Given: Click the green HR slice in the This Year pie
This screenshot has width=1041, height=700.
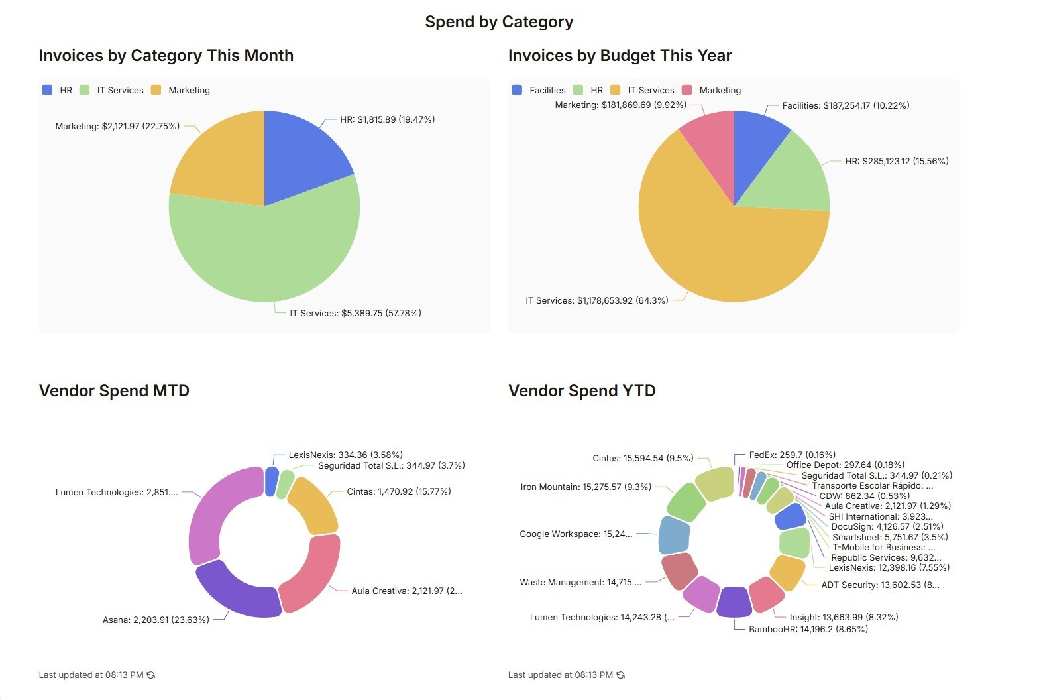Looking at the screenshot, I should [x=792, y=179].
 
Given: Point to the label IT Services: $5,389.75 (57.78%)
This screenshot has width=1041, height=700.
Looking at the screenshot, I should [x=355, y=313].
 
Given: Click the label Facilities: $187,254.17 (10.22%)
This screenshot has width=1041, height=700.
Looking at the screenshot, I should [x=846, y=105].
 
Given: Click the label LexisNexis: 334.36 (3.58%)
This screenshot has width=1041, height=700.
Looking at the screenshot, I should [x=345, y=455].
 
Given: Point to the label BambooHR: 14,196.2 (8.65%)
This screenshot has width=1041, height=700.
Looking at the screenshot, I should [x=808, y=629].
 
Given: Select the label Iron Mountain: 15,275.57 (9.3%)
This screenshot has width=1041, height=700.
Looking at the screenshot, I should [x=586, y=487].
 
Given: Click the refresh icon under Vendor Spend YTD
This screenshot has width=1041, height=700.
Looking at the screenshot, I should [x=620, y=675].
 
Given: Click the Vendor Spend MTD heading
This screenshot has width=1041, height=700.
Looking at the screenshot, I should [x=114, y=390].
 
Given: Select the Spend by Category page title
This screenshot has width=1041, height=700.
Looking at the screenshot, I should [x=499, y=22].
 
